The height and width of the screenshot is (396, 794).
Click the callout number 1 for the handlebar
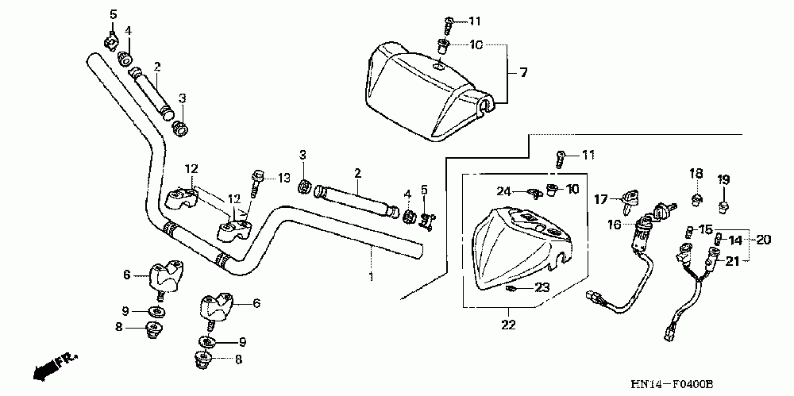click(x=370, y=276)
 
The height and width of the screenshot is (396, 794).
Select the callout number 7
click(x=523, y=73)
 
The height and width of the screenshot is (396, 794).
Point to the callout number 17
click(x=601, y=199)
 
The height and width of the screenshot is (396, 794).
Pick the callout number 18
click(x=696, y=174)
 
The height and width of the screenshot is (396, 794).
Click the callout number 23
click(x=542, y=287)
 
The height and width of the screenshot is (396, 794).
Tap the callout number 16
click(x=615, y=225)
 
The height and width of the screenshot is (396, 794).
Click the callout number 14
click(x=735, y=240)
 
